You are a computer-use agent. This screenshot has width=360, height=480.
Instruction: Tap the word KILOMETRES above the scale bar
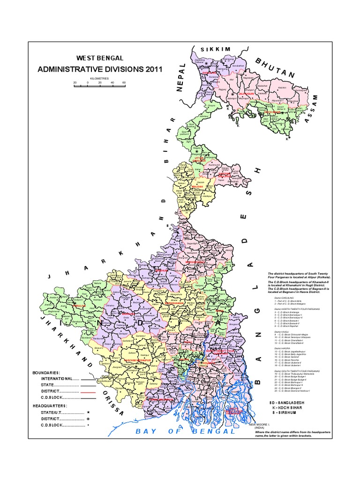[x=99, y=78]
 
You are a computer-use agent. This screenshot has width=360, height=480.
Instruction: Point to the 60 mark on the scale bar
[x=124, y=83]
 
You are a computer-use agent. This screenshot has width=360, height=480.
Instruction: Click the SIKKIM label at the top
[x=216, y=49]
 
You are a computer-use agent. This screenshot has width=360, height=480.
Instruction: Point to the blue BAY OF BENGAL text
[x=185, y=431]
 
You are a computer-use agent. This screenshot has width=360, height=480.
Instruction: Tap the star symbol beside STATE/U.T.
[x=88, y=412]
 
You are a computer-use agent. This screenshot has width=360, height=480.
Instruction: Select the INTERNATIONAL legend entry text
[x=56, y=378]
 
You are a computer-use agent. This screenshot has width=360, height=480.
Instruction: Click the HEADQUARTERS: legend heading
[x=50, y=405]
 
